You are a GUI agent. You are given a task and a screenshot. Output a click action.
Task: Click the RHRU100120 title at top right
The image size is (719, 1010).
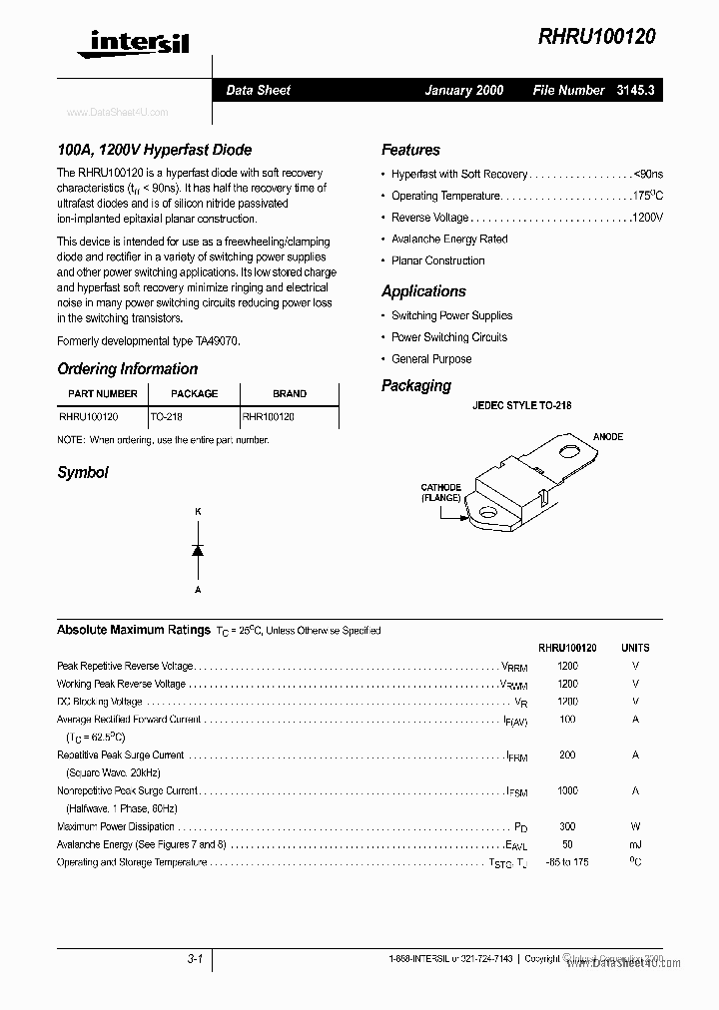(x=596, y=36)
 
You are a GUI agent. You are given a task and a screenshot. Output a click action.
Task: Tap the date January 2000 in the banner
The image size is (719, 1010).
(x=464, y=90)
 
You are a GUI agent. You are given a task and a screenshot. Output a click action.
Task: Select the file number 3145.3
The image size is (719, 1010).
(x=635, y=90)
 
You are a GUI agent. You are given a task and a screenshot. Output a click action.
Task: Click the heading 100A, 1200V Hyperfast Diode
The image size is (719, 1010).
(x=154, y=150)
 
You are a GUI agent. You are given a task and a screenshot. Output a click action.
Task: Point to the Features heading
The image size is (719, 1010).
(x=410, y=150)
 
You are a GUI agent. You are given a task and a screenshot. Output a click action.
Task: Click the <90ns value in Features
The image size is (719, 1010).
(x=648, y=174)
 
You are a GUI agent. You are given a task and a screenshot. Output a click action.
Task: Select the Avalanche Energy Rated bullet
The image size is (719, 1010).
(x=449, y=240)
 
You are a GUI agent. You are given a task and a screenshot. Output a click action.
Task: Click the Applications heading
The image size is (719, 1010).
(x=423, y=291)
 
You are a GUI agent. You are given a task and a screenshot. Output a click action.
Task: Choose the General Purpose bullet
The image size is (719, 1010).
(x=431, y=359)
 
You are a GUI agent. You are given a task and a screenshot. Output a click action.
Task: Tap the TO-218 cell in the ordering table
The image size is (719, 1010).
(x=166, y=416)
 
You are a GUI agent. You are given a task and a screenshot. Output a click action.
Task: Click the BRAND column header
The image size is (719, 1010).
(x=290, y=393)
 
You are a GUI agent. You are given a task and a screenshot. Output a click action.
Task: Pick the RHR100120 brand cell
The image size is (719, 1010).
(x=269, y=416)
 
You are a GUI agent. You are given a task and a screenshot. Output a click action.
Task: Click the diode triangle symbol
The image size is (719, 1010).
(x=198, y=550)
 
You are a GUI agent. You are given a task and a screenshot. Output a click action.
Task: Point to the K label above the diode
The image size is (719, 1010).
(x=198, y=512)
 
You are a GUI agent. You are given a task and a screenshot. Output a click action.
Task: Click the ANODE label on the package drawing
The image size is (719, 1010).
(x=608, y=437)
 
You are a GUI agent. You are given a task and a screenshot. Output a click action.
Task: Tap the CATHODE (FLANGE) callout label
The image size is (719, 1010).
(x=439, y=492)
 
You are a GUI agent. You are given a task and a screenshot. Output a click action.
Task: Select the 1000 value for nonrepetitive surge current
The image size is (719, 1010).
(x=567, y=790)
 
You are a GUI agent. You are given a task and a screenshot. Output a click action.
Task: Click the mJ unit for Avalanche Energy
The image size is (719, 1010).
(x=635, y=844)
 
